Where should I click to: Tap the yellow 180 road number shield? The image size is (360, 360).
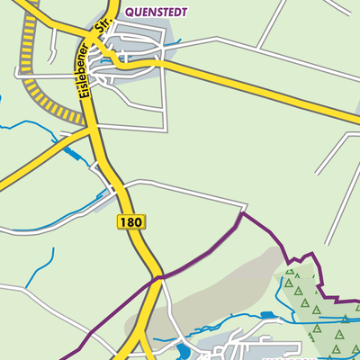point(130,221)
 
